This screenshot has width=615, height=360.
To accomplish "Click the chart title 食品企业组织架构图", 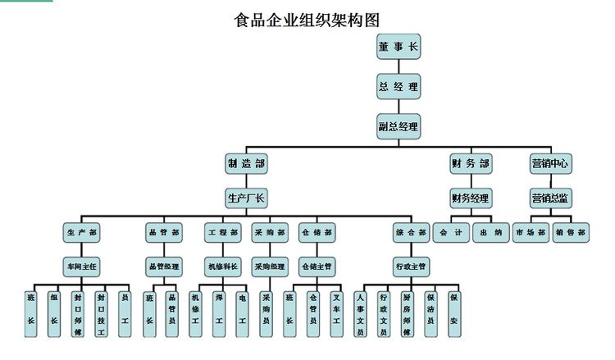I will (x=307, y=19).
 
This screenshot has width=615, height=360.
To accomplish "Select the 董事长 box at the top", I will (x=399, y=48).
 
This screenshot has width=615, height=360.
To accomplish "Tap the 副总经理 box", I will (x=399, y=126).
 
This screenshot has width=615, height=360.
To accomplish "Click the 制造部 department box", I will (x=247, y=163).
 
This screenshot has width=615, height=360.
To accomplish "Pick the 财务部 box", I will (x=471, y=163).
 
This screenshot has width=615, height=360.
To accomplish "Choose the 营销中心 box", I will (x=550, y=163).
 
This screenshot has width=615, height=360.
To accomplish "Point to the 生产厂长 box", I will (x=247, y=198).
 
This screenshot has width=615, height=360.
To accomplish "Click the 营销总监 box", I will (x=550, y=198).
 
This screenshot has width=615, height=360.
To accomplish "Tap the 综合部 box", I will (x=410, y=233).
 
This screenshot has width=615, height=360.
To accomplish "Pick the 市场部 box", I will (x=530, y=233).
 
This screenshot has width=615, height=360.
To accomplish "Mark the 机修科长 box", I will (x=222, y=267).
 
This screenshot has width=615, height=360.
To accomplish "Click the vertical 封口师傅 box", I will (x=78, y=312).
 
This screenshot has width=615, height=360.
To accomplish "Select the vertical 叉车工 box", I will (x=336, y=312).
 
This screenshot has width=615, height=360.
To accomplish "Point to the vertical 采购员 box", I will (x=266, y=312).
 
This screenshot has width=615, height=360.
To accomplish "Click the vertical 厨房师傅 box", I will (x=408, y=312).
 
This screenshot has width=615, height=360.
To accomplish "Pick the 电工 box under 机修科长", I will (x=242, y=312).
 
